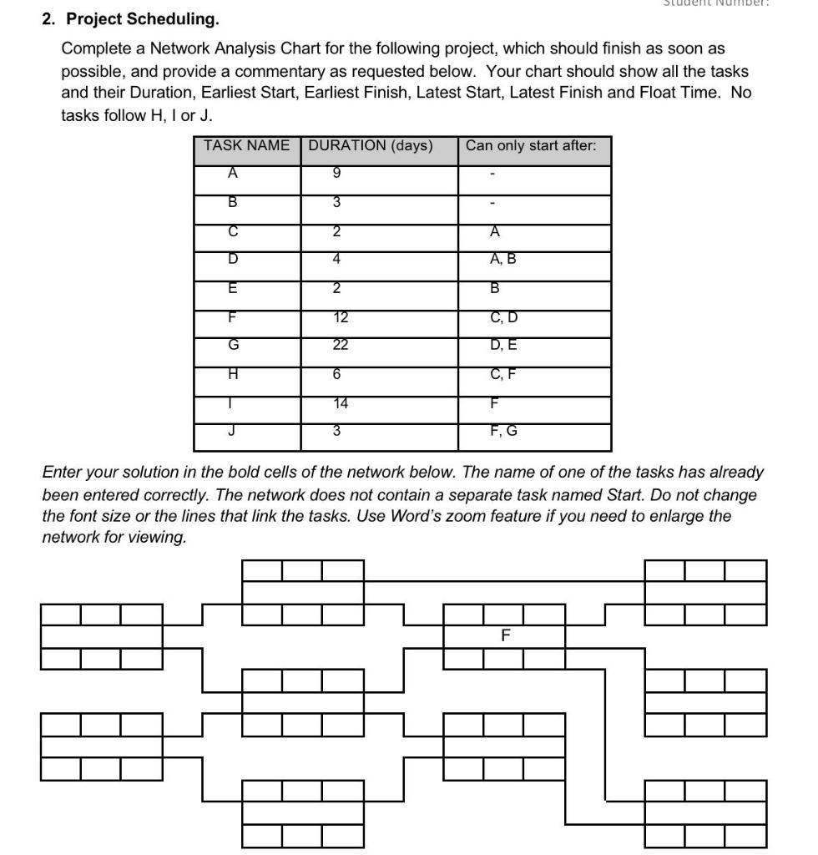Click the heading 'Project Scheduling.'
143,18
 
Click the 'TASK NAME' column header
246,145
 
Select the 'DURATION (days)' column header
371,145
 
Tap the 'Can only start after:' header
531,145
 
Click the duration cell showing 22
337,345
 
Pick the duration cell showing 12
337,316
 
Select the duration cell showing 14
337,403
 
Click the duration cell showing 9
337,174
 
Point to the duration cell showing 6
337,374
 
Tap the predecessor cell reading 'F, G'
503,431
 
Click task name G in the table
233,345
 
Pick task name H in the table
233,374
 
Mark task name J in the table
233,431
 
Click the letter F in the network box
505,635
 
